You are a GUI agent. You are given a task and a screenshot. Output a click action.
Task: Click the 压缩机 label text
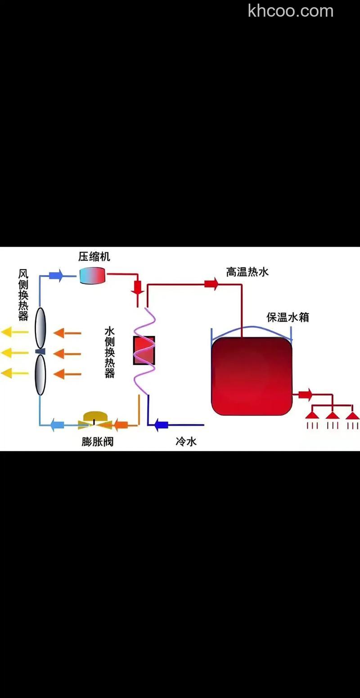pyautogui.click(x=94, y=257)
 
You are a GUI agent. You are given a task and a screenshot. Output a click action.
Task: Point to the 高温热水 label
pyautogui.click(x=247, y=272)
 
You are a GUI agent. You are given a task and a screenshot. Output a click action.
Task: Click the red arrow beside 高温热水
pyautogui.click(x=211, y=284)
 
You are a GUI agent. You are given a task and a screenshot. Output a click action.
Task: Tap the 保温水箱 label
pyautogui.click(x=288, y=317)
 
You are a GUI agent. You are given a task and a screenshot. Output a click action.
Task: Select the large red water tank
pyautogui.click(x=252, y=376)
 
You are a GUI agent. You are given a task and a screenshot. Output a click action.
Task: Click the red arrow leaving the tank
pyautogui.click(x=305, y=395)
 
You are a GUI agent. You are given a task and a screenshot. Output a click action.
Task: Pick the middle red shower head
pyautogui.click(x=332, y=415)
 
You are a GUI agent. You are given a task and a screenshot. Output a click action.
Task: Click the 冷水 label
pyautogui.click(x=186, y=441)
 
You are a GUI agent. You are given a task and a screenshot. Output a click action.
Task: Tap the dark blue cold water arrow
pyautogui.click(x=161, y=424)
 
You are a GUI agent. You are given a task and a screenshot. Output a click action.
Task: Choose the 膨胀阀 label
pyautogui.click(x=97, y=442)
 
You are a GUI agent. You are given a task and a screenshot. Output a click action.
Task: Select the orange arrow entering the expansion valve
pyautogui.click(x=120, y=424)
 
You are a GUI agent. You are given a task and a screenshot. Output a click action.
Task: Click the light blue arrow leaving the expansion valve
pyautogui.click(x=57, y=424)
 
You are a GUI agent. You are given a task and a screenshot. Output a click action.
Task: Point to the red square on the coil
pyautogui.click(x=144, y=350)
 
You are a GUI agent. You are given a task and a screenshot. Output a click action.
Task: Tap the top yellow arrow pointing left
pyautogui.click(x=13, y=333)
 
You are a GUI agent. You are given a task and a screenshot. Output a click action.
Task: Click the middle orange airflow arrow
pyautogui.click(x=67, y=354)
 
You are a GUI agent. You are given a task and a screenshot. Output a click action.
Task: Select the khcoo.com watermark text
pyautogui.click(x=290, y=10)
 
